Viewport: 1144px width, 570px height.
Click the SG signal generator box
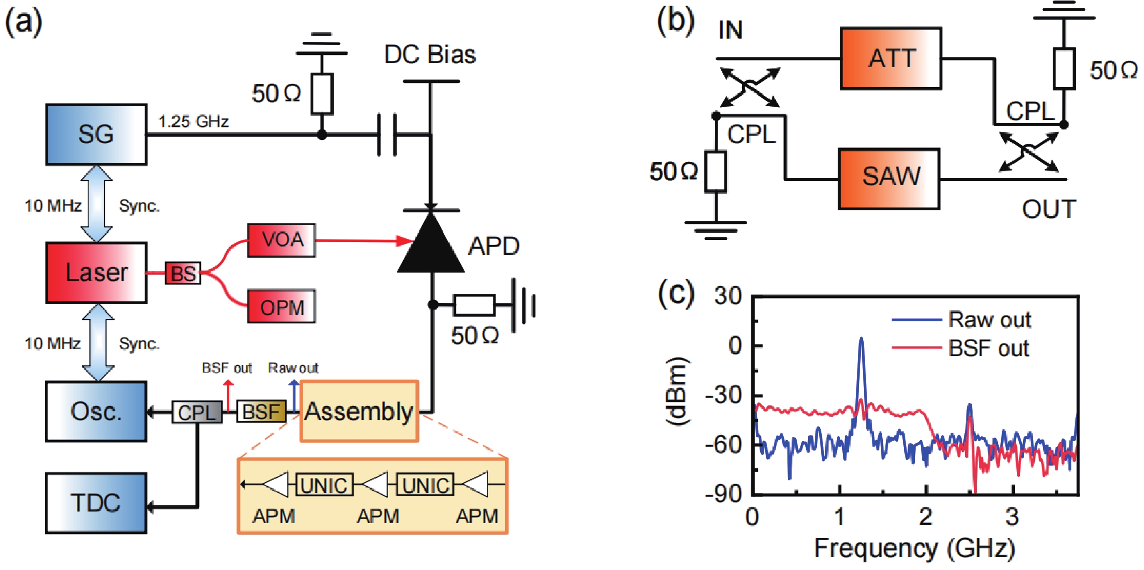point(96,134)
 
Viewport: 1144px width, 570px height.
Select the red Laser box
point(96,273)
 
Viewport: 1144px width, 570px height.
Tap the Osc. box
point(96,411)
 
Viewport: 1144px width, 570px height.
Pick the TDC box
point(96,502)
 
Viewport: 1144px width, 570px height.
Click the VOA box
point(281,240)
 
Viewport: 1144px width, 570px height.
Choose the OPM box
point(281,307)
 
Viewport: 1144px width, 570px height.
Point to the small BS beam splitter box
point(183,273)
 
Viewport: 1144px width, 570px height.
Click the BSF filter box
point(261,412)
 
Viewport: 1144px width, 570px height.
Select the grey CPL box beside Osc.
point(197,412)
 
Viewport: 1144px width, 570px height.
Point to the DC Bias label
point(430,55)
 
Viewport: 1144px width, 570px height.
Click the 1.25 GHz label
point(193,121)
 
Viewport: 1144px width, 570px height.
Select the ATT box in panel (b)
point(891,58)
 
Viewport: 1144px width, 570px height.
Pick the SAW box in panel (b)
point(889,179)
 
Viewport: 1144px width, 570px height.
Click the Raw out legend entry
point(989,319)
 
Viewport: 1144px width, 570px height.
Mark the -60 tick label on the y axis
point(724,444)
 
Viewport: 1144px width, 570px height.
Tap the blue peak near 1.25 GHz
point(861,341)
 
